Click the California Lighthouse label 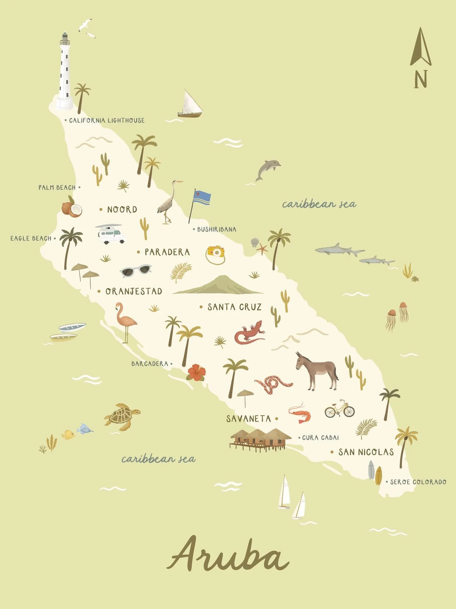(x=106, y=121)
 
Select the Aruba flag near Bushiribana (x=202, y=198)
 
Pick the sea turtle (x=122, y=416)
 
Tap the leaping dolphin (x=268, y=169)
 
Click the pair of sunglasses (x=136, y=271)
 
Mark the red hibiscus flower (x=196, y=372)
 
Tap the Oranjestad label (x=133, y=291)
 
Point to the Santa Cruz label (x=234, y=307)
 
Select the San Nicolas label (x=366, y=452)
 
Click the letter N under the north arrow (x=421, y=79)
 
